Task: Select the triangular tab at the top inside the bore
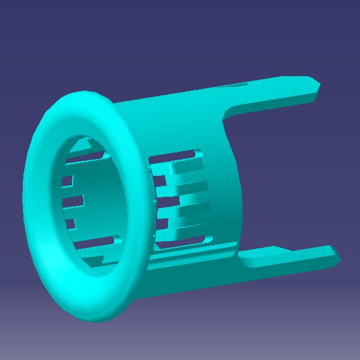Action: pyautogui.click(x=84, y=144)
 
